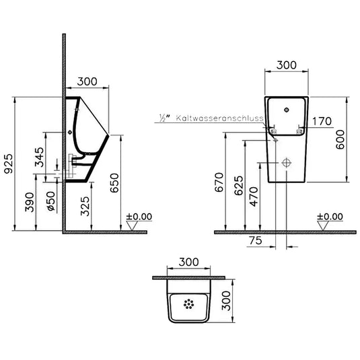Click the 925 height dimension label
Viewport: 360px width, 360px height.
pos(9,164)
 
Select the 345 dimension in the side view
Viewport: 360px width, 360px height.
pos(39,157)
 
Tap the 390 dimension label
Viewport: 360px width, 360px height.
pos(30,203)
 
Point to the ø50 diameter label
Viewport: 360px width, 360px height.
pos(51,201)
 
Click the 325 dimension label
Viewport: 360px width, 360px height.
pos(85,206)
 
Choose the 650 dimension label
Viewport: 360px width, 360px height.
pos(114,183)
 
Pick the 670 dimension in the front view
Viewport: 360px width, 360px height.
pos(219,182)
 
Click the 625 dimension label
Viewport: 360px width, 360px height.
pos(239,186)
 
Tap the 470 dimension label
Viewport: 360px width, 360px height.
pos(254,196)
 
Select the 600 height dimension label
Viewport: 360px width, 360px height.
pos(340,139)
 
